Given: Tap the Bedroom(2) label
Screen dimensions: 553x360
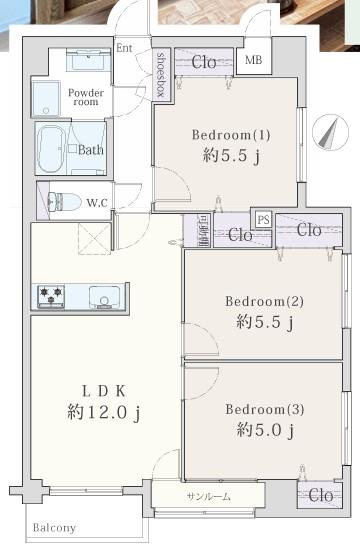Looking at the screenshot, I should [263, 301].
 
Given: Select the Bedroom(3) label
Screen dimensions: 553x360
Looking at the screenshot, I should [263, 409].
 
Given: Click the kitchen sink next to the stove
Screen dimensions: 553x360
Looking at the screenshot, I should [102, 296].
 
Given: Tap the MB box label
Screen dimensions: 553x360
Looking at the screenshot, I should [255, 60].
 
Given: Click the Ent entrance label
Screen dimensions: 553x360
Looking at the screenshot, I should [124, 47].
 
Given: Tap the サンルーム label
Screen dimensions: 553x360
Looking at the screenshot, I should [207, 497].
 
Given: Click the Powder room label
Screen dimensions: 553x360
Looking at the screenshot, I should [86, 98].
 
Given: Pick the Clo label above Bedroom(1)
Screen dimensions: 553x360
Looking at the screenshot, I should [203, 60].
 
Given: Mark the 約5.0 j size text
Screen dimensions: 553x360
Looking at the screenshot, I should [265, 431].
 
